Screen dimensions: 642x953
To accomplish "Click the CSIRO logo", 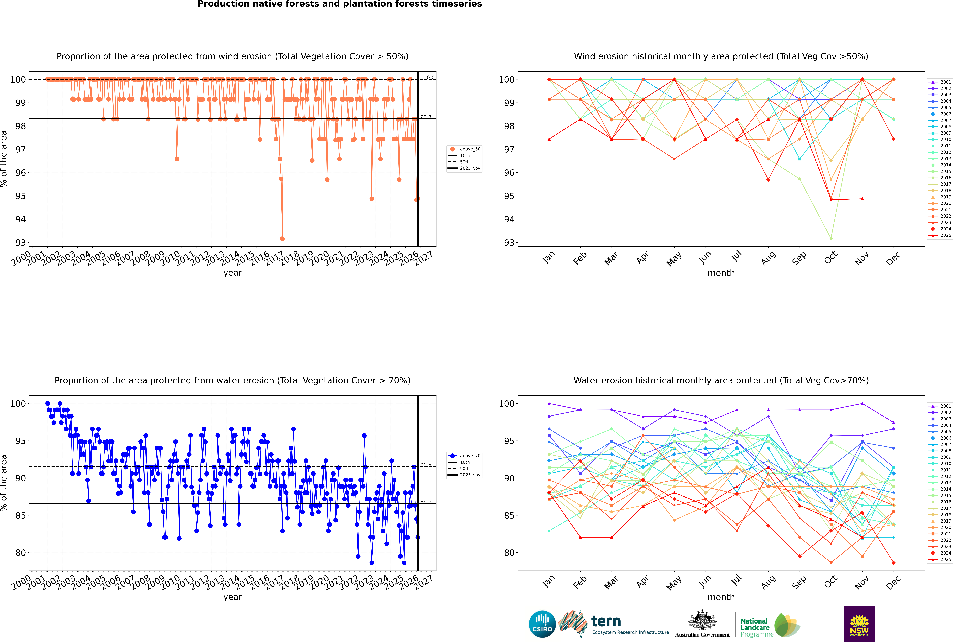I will click(x=542, y=624).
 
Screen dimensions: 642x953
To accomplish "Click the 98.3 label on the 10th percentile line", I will click(x=426, y=117).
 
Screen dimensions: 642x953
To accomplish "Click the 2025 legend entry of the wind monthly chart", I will click(x=942, y=235).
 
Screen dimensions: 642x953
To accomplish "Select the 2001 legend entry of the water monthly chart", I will click(x=942, y=406).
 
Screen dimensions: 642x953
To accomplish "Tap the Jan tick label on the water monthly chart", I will click(x=548, y=581).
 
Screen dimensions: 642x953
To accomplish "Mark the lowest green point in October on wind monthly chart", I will click(x=831, y=238).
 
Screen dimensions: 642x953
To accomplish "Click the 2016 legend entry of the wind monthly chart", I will click(x=942, y=178).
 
